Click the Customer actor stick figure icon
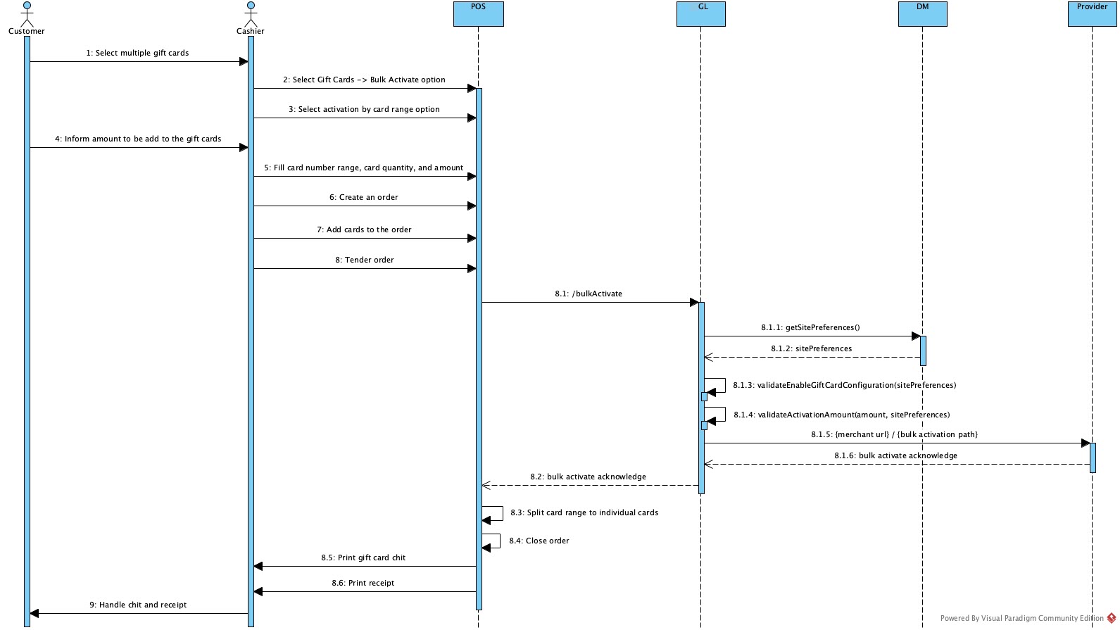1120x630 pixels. pos(27,14)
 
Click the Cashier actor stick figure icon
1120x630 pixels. pos(250,14)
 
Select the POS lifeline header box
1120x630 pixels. pos(478,14)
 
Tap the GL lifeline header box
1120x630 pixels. pos(700,14)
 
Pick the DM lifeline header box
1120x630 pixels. pos(922,14)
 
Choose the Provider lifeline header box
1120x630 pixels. pos(1092,14)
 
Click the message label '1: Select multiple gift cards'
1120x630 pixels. pos(137,53)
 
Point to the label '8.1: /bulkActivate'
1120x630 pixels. pos(588,294)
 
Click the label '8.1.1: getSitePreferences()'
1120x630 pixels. pos(810,327)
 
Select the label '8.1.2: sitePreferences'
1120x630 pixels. pos(811,348)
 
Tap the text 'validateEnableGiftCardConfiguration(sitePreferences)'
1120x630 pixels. pos(856,385)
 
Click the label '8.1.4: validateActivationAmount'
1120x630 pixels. pos(841,415)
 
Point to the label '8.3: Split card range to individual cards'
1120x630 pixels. pos(584,512)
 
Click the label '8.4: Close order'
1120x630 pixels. pos(539,541)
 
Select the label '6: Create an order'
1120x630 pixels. pos(363,197)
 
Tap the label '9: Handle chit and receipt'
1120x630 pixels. pos(138,605)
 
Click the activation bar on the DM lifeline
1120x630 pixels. pos(923,351)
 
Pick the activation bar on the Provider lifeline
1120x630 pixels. pos(1093,458)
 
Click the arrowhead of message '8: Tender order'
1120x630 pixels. pos(472,268)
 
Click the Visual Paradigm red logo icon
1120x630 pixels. pos(1111,618)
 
